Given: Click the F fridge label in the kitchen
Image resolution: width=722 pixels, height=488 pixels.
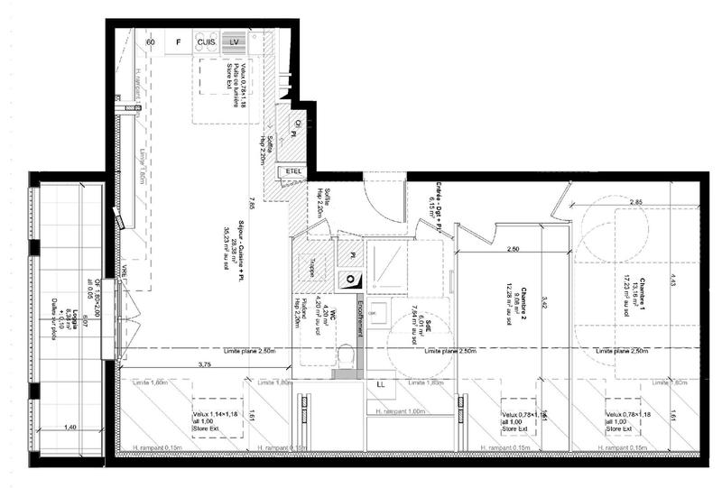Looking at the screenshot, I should tap(179, 42).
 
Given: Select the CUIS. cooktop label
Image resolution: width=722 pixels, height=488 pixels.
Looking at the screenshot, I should tap(207, 42).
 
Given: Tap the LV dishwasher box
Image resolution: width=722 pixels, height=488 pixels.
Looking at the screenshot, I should tap(235, 42).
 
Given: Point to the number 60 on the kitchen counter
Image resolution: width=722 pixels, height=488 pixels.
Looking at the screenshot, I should tap(151, 42).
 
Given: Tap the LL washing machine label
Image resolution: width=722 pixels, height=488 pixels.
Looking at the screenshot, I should tap(379, 383).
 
